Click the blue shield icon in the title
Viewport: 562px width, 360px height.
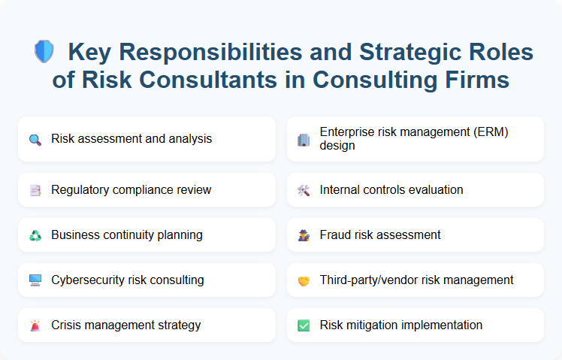point(44,52)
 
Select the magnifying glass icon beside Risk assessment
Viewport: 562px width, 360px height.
point(35,139)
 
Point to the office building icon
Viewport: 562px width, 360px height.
point(304,139)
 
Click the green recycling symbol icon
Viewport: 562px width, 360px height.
point(35,235)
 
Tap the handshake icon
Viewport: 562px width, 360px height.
point(304,280)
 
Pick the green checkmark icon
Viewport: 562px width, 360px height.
point(304,325)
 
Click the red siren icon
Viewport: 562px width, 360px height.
point(35,325)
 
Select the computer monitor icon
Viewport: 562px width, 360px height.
point(35,280)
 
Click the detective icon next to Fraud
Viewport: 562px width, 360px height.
point(304,235)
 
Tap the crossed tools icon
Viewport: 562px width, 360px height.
point(304,190)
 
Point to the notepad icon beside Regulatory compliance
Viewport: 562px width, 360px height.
point(35,190)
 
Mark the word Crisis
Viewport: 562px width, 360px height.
point(67,325)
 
